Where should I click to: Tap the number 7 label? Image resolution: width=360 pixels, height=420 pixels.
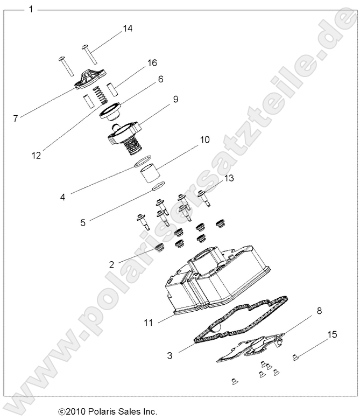tap(15, 118)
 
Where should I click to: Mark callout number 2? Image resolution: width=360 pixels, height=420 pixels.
tap(111, 264)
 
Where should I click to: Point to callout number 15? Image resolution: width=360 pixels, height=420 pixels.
tap(332, 334)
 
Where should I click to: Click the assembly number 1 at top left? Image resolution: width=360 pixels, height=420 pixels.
tap(31, 9)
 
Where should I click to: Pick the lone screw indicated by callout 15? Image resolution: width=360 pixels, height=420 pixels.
tap(296, 356)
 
